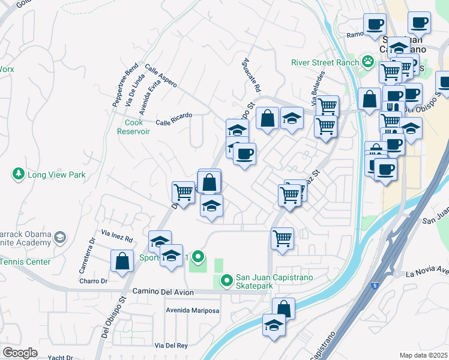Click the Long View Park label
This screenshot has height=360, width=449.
pos(56,175)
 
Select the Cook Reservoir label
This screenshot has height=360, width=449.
pos(134,127)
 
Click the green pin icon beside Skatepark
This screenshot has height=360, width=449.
pos(226,280)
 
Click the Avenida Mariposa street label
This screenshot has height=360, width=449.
pos(193,311)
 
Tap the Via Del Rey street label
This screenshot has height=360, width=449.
pos(171,346)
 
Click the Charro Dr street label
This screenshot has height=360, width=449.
pos(93,280)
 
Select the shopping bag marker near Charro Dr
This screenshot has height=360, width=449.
pos(122,260)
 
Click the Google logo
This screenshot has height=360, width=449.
pos(20,353)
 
